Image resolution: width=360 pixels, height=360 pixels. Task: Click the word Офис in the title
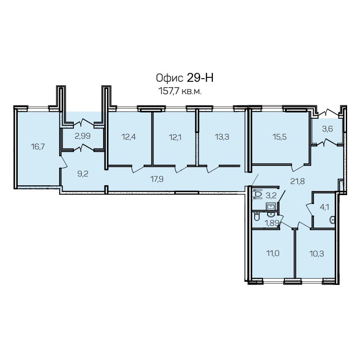click(169, 78)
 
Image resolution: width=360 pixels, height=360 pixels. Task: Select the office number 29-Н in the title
click(200, 78)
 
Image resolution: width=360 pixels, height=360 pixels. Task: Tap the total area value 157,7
click(169, 92)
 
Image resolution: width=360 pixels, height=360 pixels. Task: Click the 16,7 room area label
click(38, 147)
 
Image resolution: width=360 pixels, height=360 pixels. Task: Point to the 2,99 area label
click(83, 136)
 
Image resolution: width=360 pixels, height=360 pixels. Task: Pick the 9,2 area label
click(83, 174)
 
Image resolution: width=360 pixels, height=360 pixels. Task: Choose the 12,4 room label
click(128, 137)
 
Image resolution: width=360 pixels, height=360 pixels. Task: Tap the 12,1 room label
click(175, 137)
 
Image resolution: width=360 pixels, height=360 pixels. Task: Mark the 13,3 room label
click(222, 137)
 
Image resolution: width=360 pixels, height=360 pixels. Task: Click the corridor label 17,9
click(157, 179)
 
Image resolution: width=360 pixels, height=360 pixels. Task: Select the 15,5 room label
click(280, 137)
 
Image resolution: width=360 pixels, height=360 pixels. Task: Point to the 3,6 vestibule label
click(328, 129)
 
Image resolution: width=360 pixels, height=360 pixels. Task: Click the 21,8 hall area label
click(297, 181)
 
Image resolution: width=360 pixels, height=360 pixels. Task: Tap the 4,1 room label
click(324, 207)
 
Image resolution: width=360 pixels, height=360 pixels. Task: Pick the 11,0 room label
click(273, 253)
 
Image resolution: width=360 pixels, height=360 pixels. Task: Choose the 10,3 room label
click(316, 254)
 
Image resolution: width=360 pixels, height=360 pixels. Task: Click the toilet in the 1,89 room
click(256, 217)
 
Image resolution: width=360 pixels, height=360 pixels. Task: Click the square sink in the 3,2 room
click(272, 206)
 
